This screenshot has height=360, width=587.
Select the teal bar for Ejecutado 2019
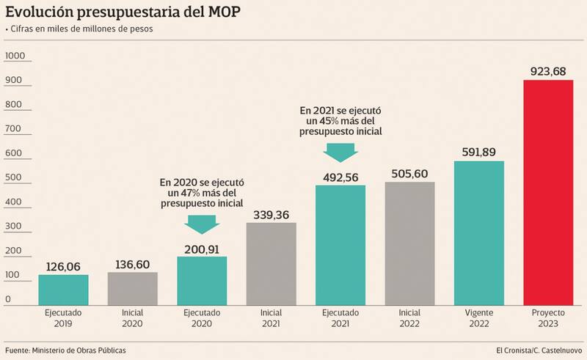63,289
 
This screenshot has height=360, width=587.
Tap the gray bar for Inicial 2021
271,263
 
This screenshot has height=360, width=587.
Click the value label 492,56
340,177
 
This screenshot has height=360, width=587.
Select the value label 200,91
202,248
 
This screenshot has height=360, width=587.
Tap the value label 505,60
409,173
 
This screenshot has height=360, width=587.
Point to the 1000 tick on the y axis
15,56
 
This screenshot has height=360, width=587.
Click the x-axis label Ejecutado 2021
340,317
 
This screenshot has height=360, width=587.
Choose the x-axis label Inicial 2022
409,317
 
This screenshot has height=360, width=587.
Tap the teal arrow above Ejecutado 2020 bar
202,223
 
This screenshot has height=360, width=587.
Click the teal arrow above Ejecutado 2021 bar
340,151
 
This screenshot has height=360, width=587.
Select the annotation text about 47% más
202,193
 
